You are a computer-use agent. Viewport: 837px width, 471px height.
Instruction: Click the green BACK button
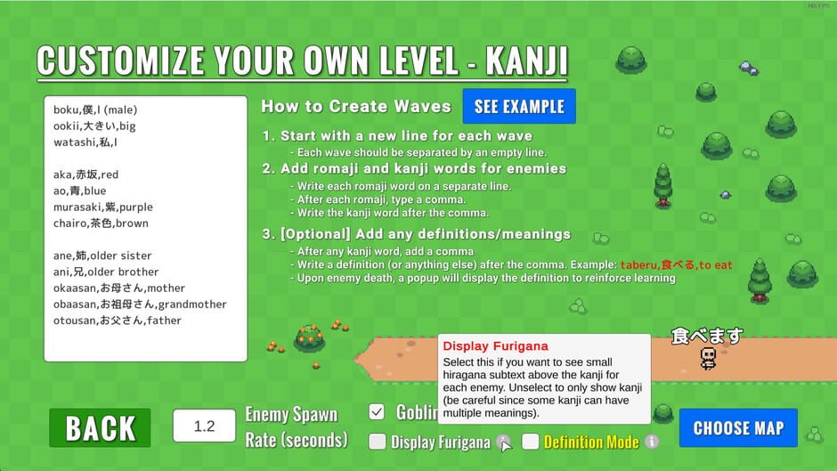click(x=100, y=428)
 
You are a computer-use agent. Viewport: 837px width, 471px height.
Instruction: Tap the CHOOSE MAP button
click(x=738, y=428)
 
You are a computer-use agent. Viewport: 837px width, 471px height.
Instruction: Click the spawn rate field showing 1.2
click(x=204, y=426)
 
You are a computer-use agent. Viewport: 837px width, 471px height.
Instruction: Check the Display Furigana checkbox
click(x=378, y=442)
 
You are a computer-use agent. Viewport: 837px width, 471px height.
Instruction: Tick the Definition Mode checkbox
click(x=531, y=442)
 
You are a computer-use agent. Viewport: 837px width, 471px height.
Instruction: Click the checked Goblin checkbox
click(x=377, y=411)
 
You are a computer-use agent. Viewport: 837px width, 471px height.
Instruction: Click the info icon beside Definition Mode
click(x=652, y=442)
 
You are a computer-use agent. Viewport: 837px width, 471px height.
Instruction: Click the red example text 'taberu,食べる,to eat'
click(x=676, y=265)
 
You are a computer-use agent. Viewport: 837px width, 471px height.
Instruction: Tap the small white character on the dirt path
click(x=708, y=358)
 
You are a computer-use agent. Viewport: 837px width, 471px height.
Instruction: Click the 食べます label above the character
click(x=706, y=336)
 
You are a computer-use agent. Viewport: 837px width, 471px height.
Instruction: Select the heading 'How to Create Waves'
click(x=356, y=107)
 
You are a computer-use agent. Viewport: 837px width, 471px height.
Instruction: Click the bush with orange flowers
click(x=309, y=337)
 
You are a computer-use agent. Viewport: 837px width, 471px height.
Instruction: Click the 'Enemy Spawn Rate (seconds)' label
click(x=296, y=427)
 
